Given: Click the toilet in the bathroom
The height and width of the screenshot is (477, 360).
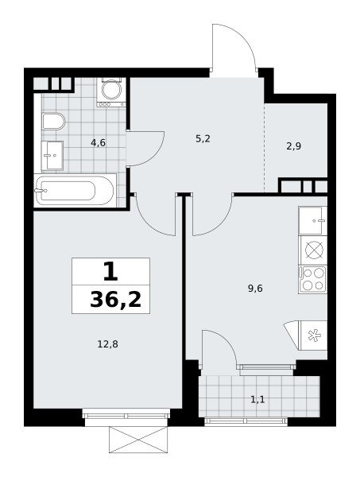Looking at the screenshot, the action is (54, 122).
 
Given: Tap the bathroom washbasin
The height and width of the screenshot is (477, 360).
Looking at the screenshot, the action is (52, 156).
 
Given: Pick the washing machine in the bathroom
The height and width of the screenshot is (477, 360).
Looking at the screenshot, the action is (111, 92).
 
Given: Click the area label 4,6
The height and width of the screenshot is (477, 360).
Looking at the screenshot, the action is (98, 142).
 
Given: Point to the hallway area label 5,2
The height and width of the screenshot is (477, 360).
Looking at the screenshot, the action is (203, 138).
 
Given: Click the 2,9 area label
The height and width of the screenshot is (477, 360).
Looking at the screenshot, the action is (293, 146).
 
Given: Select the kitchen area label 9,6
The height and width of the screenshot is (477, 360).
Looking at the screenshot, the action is (255, 288).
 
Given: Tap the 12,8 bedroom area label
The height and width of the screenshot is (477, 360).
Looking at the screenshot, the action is (107, 344).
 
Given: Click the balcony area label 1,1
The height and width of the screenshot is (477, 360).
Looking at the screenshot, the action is (257, 399).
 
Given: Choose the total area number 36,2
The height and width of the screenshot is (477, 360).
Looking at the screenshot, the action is (116, 300).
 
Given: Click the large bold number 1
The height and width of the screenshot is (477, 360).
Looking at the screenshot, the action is (110, 272).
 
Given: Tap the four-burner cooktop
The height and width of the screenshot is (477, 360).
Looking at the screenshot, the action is (313, 280).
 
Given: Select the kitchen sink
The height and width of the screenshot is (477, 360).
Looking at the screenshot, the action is (313, 220).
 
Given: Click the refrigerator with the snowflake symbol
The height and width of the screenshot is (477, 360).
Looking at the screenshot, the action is (313, 335).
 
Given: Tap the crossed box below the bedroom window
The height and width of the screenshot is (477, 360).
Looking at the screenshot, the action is (138, 440).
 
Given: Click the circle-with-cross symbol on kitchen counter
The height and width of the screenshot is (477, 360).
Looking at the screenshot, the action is (313, 250).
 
